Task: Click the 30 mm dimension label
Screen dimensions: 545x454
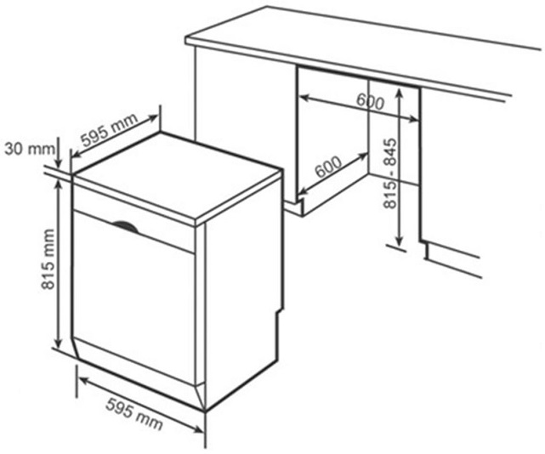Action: point(30,149)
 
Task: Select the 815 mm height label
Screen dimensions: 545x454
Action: point(48,259)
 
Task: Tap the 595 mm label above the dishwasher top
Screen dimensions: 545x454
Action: point(109,129)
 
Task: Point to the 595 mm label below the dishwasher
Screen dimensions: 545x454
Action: point(134,414)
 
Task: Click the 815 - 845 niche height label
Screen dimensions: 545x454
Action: point(389,173)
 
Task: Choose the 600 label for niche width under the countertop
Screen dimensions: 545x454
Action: point(371,102)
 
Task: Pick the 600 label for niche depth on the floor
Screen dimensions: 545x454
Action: point(328,167)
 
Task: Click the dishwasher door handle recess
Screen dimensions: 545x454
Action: point(125,226)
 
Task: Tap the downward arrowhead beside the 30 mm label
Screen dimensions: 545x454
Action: point(59,164)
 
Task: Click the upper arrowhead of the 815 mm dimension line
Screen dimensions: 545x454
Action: point(59,185)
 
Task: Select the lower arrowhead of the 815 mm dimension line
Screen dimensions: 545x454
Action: point(58,343)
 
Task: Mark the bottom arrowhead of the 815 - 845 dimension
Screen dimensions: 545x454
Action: point(400,240)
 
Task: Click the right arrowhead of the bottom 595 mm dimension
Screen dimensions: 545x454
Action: point(198,430)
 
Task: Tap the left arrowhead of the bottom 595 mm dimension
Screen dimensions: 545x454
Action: point(83,381)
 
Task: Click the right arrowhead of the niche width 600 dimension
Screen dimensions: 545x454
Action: point(413,120)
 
